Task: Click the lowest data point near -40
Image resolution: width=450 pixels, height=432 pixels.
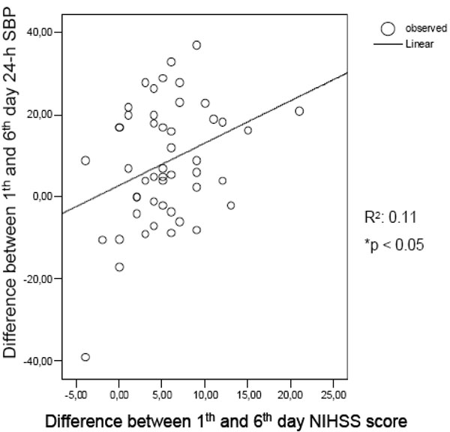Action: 85,357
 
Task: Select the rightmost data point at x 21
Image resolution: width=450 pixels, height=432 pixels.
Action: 299,111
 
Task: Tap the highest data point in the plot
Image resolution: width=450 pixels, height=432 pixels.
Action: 196,45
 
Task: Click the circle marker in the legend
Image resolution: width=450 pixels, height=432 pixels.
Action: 387,28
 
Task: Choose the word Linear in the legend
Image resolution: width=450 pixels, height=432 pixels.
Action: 417,43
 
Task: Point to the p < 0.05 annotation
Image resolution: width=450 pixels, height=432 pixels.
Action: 394,244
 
